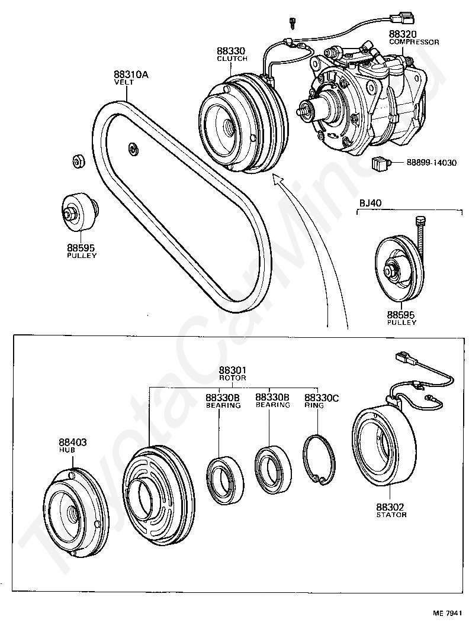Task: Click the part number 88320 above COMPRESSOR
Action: point(403,35)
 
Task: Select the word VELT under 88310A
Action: point(124,82)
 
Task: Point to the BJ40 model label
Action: point(371,204)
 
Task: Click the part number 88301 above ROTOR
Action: point(233,370)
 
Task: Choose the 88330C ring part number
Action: point(322,398)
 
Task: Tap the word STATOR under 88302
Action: point(391,515)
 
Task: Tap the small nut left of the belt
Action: point(77,160)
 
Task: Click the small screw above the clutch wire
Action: point(291,22)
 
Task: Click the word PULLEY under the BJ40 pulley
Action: point(401,322)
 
